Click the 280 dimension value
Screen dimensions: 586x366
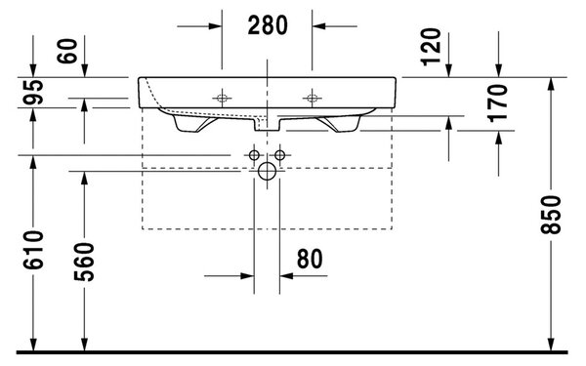coord(268,25)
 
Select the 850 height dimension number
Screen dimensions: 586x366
coord(551,215)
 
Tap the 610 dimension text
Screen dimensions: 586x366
coord(33,250)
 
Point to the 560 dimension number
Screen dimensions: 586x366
coord(84,262)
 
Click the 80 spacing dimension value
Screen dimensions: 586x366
coord(310,259)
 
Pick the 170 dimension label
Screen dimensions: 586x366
coord(498,103)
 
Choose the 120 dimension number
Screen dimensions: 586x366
coord(431,47)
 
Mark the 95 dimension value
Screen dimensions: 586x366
coord(33,92)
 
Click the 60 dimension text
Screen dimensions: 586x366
coord(67,51)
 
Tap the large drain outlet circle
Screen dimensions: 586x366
coord(267,172)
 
